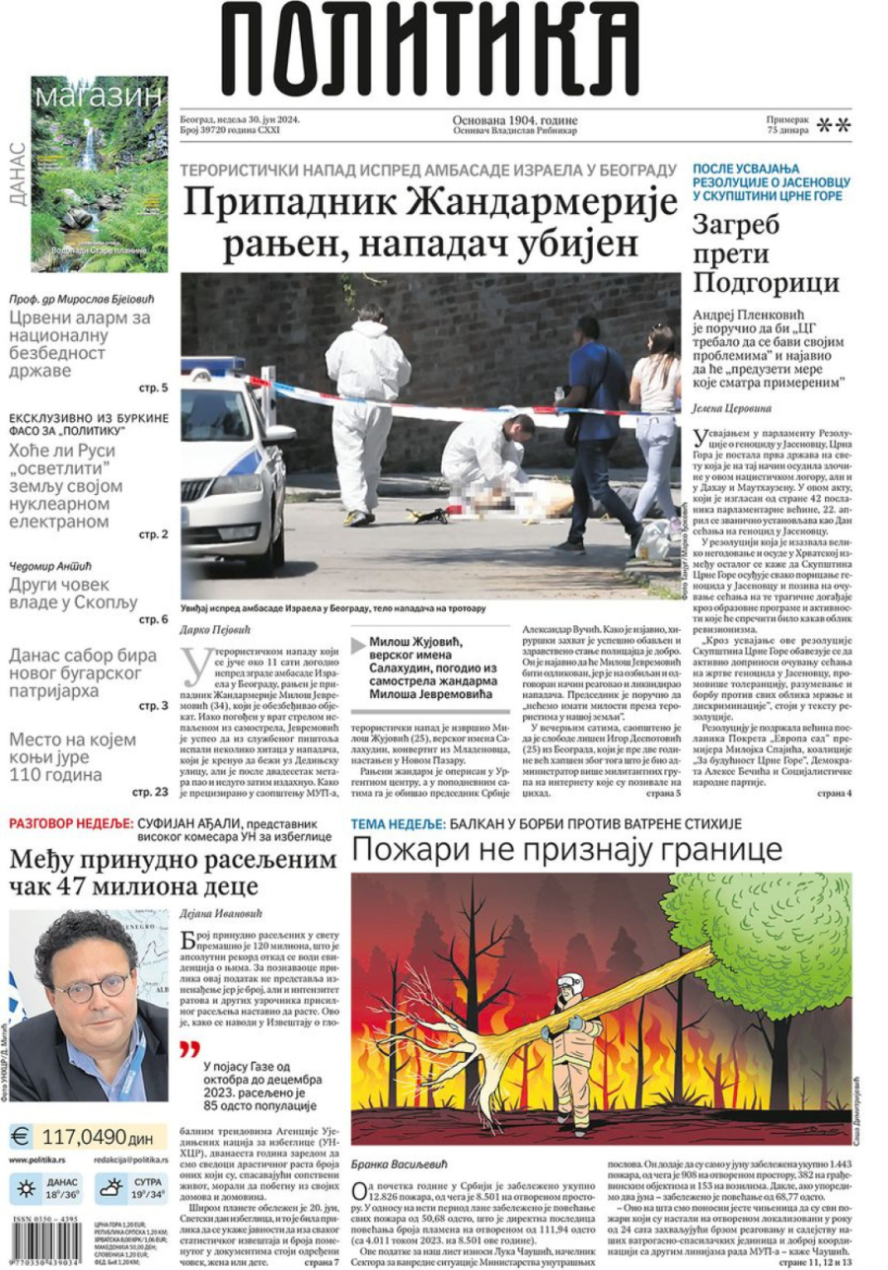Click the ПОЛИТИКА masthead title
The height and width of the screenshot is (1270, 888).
(x=430, y=49)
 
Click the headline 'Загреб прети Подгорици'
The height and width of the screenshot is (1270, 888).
(x=765, y=254)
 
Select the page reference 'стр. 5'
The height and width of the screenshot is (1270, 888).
(x=154, y=388)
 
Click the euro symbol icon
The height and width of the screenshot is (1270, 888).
(x=22, y=1135)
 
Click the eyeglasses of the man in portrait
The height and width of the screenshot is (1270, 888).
(x=89, y=985)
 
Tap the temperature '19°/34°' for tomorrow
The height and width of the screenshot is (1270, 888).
(x=149, y=1195)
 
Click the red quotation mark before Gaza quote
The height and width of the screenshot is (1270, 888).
(x=188, y=1049)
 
